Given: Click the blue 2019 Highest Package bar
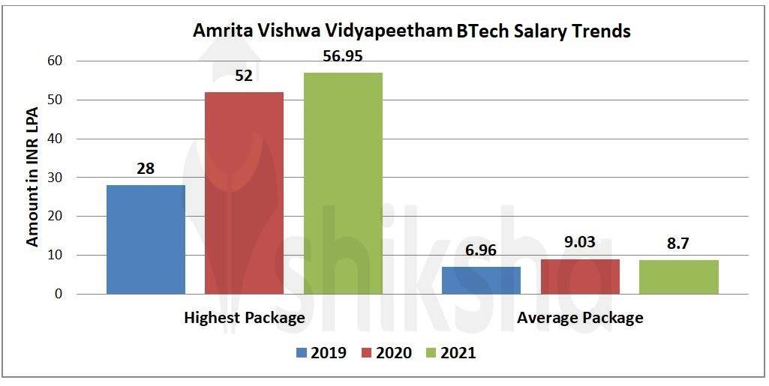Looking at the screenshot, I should point(146,239).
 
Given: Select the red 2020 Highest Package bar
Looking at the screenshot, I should point(244,193).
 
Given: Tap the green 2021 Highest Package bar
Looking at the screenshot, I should point(343,184).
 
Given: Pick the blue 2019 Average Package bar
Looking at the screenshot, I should point(481,280).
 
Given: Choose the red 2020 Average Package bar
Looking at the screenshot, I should point(580,277).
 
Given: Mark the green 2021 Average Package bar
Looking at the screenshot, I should point(679,277).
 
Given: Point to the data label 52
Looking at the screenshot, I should point(244,77).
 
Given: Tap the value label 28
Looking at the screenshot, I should point(146,169).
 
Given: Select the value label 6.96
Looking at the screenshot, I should point(481,250).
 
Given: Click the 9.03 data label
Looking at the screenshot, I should point(580,242).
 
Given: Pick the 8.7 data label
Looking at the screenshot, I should point(679,244).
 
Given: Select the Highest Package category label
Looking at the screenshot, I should point(245,318).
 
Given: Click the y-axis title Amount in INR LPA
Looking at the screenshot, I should point(32,178).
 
